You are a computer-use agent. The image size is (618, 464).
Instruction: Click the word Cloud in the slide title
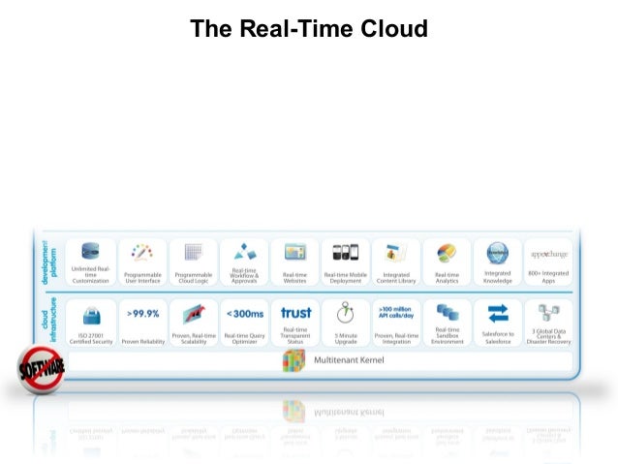[395, 29]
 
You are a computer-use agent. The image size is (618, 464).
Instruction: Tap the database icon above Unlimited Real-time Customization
[91, 252]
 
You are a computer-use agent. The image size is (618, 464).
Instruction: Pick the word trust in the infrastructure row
[295, 312]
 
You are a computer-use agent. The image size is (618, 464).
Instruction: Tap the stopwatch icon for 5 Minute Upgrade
[346, 316]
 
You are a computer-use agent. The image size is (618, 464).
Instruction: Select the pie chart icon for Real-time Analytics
[447, 253]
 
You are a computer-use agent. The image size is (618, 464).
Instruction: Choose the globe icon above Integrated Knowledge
[498, 253]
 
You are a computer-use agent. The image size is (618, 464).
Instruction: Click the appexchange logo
[548, 254]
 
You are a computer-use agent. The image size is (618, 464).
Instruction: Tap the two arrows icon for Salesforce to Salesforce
[498, 314]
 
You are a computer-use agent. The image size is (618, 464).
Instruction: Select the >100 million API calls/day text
[396, 312]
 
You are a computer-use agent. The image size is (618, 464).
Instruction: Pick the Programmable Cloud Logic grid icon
[193, 253]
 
